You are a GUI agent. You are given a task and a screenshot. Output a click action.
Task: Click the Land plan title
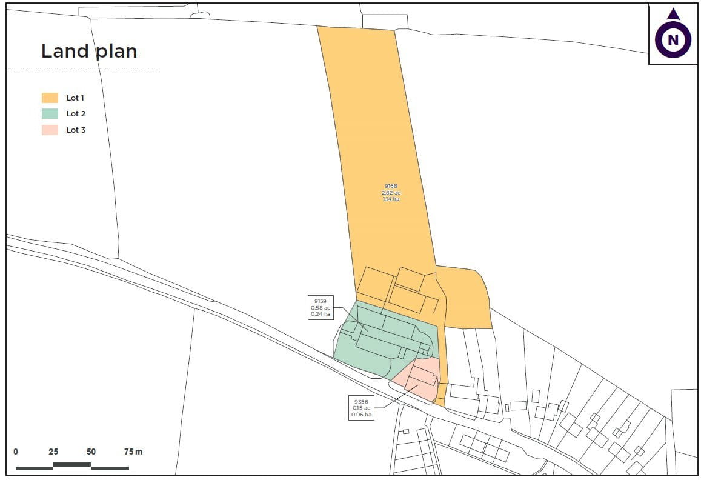tap(89, 51)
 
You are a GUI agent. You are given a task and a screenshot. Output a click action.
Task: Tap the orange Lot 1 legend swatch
tap(50, 98)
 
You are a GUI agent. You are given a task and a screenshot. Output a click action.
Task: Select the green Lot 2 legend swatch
tap(50, 113)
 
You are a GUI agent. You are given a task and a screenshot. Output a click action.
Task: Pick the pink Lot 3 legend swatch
tap(50, 130)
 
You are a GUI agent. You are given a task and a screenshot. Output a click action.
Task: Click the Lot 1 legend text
tap(76, 98)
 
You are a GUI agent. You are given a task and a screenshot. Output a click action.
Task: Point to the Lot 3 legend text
tap(76, 130)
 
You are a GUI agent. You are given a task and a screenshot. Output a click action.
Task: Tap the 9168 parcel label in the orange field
tap(391, 186)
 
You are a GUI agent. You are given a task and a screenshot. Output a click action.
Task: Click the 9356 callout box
tap(362, 408)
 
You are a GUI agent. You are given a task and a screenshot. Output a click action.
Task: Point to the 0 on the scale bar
tap(16, 452)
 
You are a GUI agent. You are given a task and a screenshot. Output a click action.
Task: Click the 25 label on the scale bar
tap(53, 452)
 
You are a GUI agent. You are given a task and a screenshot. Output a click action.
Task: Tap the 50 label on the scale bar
tap(91, 452)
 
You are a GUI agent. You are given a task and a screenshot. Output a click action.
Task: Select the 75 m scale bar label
tap(133, 452)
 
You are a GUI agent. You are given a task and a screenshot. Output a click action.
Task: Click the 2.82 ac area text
tap(391, 193)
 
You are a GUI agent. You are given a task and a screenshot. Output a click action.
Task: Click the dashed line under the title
tap(84, 68)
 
